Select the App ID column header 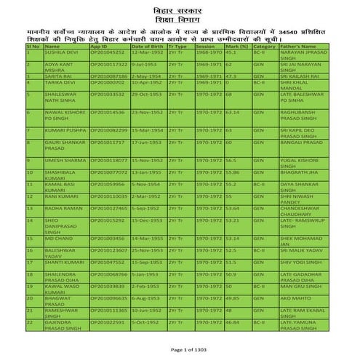(98, 46)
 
